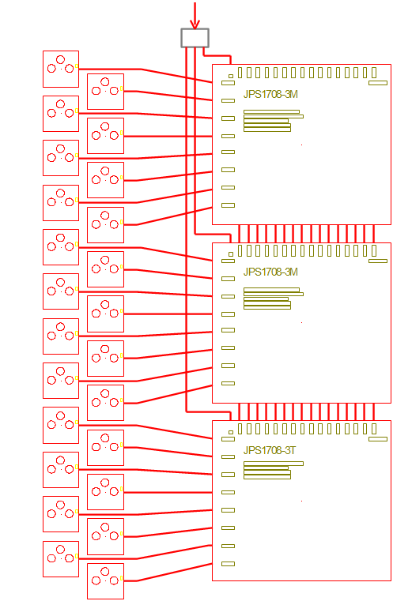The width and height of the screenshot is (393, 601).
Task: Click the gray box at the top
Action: click(x=195, y=38)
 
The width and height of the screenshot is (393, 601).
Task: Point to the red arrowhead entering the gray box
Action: click(x=195, y=25)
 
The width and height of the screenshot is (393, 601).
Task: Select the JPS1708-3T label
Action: click(x=270, y=450)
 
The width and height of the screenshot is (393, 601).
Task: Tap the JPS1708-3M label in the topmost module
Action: click(x=270, y=94)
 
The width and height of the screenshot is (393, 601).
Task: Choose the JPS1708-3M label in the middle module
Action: click(x=270, y=272)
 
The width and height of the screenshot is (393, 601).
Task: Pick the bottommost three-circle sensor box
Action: click(x=105, y=581)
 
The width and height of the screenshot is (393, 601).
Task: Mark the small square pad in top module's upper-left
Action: click(x=231, y=77)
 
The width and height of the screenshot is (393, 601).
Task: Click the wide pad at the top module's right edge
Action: click(x=378, y=83)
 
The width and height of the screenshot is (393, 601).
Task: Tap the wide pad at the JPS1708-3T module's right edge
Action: click(x=378, y=439)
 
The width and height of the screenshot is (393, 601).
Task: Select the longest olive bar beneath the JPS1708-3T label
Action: click(x=274, y=464)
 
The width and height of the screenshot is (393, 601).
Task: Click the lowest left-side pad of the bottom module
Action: click(x=228, y=564)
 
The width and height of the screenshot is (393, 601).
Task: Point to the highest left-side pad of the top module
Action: click(x=228, y=83)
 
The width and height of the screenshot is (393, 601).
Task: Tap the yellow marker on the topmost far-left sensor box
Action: click(x=77, y=66)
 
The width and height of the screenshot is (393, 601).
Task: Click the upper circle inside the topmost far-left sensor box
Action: click(x=60, y=60)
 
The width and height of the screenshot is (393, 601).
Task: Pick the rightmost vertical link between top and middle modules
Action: click(x=373, y=234)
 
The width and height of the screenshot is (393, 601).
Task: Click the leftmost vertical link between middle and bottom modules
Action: click(x=240, y=412)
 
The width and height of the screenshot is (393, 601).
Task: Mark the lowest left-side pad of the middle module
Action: click(x=228, y=383)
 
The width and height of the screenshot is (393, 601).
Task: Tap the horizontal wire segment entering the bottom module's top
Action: click(x=209, y=412)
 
